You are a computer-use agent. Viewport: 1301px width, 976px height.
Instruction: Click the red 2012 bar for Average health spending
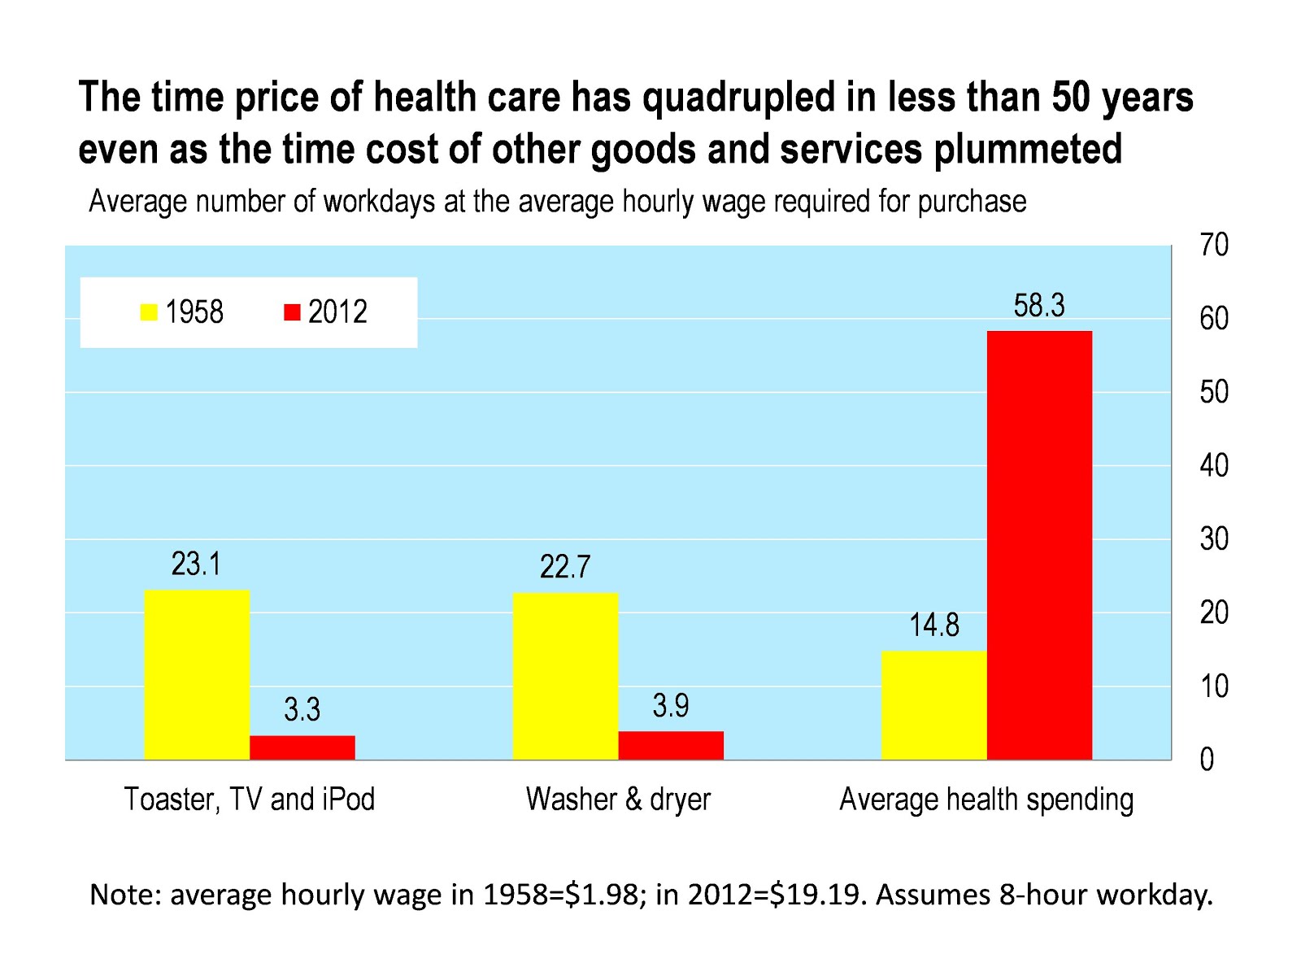click(x=1039, y=545)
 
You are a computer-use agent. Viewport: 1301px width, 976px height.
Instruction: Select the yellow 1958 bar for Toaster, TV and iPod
click(x=197, y=675)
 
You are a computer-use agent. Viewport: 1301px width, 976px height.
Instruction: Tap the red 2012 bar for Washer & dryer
click(x=671, y=745)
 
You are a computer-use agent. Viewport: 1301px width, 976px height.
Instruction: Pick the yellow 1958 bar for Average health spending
click(x=933, y=705)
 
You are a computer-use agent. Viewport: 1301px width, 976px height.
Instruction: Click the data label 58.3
click(x=1038, y=306)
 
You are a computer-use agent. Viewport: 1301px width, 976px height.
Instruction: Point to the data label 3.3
click(x=302, y=710)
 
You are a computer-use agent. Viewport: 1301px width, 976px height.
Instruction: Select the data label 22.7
click(x=565, y=567)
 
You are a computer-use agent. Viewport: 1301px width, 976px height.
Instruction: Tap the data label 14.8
click(x=933, y=625)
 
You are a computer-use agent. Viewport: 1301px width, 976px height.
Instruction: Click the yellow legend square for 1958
click(x=149, y=312)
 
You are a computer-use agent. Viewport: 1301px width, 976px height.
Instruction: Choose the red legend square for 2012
click(x=292, y=312)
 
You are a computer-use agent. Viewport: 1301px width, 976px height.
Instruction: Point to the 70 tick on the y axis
click(x=1213, y=245)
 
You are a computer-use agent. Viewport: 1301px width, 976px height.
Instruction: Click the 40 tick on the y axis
click(x=1213, y=465)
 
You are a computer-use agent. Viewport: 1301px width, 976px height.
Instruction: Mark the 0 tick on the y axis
click(x=1207, y=760)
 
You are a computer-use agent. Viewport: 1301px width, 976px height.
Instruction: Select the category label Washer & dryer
click(x=618, y=800)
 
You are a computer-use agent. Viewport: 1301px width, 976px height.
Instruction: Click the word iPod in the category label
click(x=349, y=800)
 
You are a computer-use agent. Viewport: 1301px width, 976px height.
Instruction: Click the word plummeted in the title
click(x=1028, y=150)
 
